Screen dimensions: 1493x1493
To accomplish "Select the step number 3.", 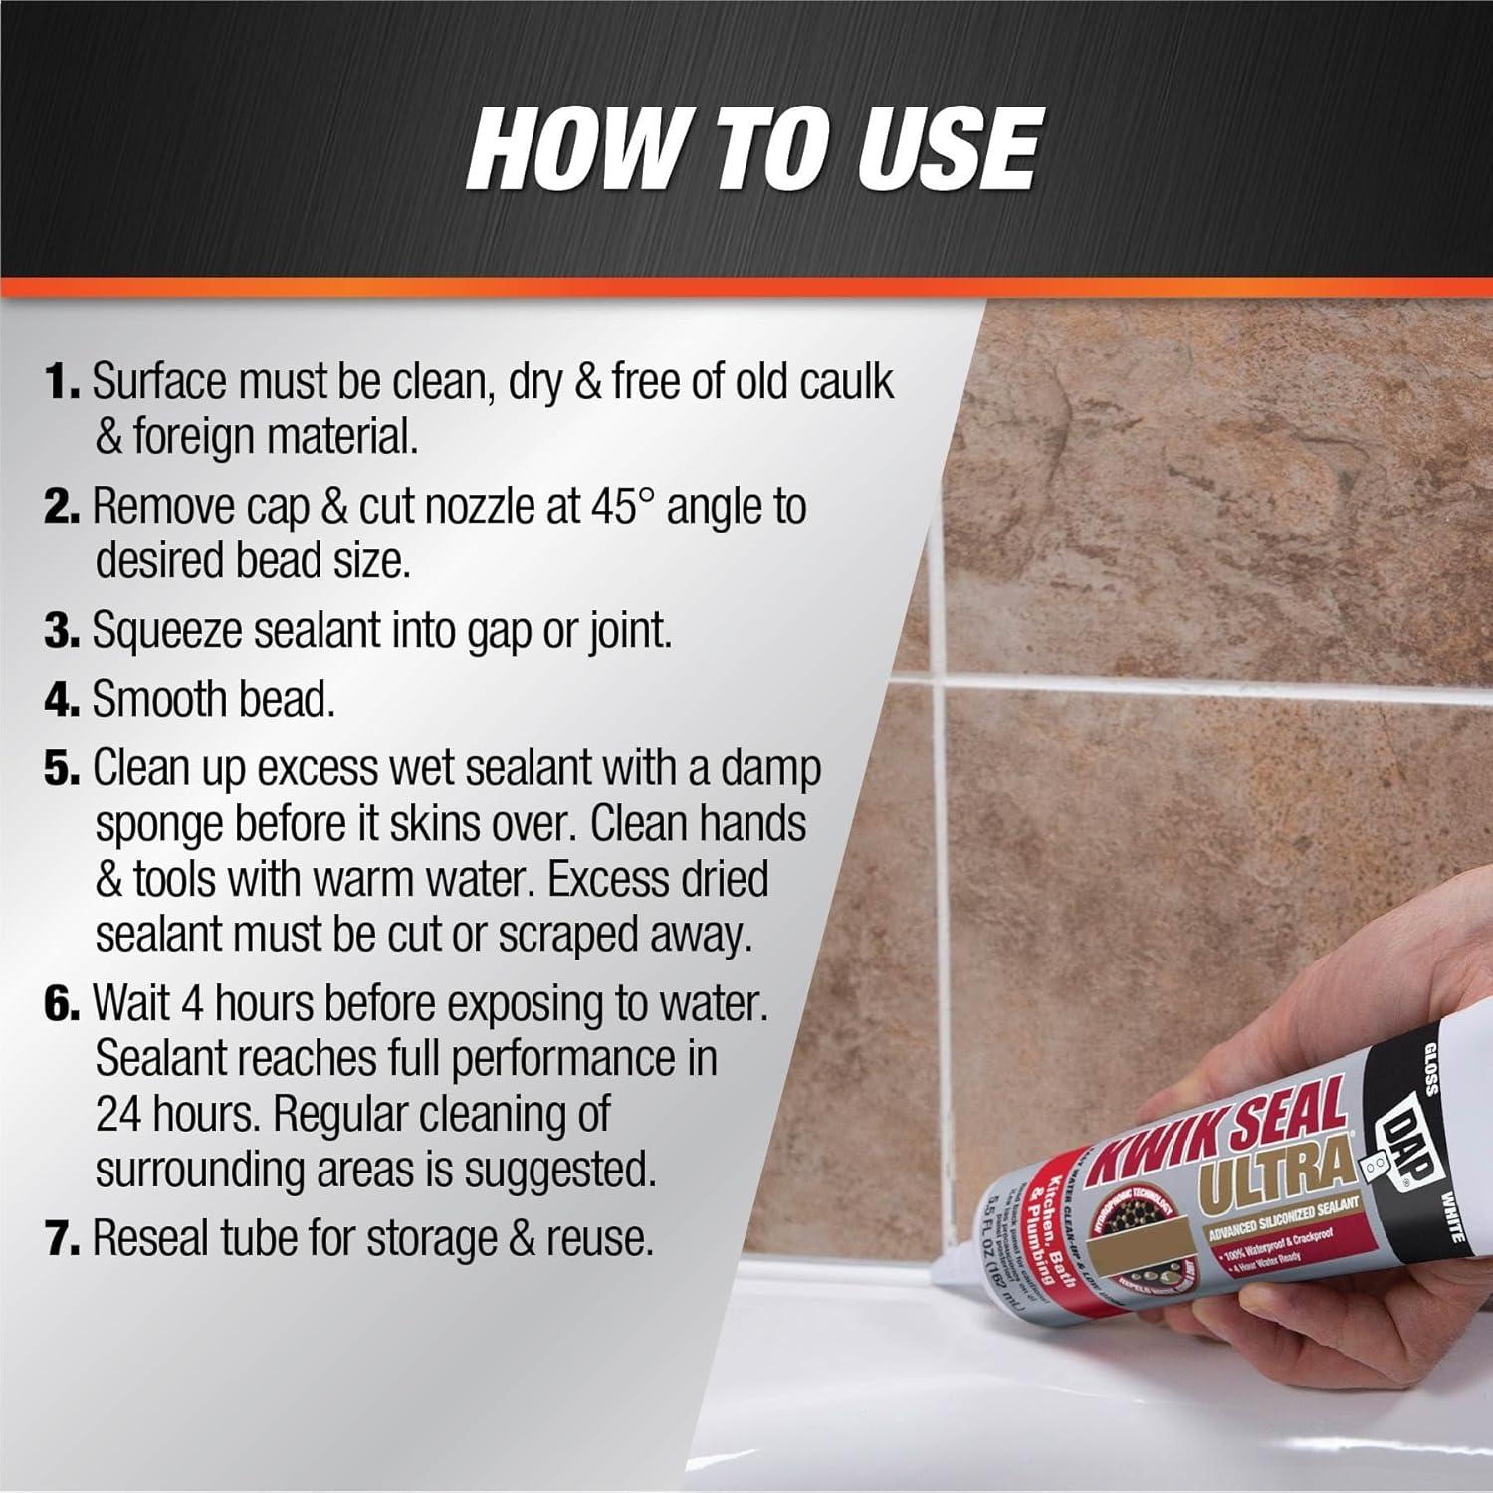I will [x=61, y=632].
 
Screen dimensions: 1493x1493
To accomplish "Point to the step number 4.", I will [x=61, y=701].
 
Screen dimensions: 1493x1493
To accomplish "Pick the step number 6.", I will [x=61, y=1005].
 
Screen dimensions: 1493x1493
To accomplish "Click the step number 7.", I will [x=61, y=1239].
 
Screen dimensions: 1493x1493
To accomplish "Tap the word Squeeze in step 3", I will [x=165, y=632].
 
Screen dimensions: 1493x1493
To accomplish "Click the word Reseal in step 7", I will [x=149, y=1239].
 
